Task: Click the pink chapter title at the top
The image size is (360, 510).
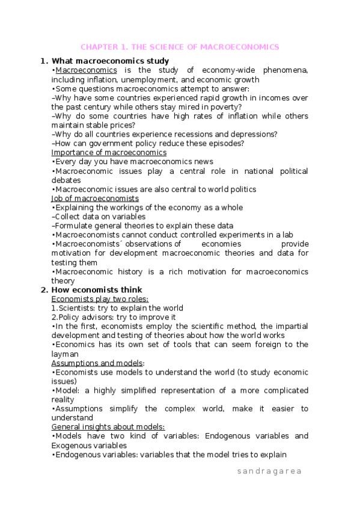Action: coord(180,47)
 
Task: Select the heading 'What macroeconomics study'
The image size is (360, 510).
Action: coord(110,61)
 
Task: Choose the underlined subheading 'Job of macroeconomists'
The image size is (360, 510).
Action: coord(95,198)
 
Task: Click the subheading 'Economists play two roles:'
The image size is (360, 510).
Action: coord(100,299)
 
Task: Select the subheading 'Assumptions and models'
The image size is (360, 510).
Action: coord(97,363)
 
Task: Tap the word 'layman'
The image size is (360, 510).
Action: coord(65,354)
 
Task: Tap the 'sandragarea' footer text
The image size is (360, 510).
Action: coord(269,472)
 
